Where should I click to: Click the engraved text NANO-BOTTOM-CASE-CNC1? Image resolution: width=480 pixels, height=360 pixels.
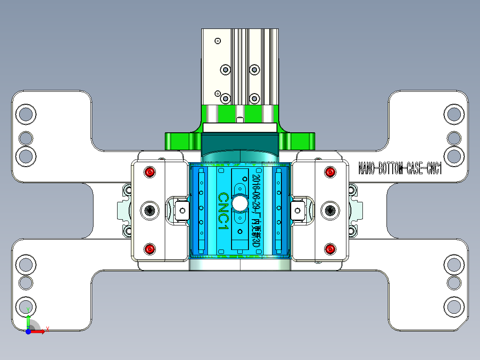click(400, 169)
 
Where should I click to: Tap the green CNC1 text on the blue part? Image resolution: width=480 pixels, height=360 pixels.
click(223, 211)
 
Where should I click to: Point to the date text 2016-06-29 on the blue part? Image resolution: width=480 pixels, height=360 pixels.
click(256, 192)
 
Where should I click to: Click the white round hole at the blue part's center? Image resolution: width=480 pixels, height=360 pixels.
click(240, 203)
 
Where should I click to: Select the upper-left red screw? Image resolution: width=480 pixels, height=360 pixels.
click(150, 172)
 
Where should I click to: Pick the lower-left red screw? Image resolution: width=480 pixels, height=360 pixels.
click(150, 249)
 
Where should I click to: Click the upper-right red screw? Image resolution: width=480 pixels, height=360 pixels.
click(330, 172)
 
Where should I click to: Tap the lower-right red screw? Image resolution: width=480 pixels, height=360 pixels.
click(330, 249)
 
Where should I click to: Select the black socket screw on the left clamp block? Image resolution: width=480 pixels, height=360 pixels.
click(150, 210)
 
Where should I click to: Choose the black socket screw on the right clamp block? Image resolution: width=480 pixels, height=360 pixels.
click(330, 210)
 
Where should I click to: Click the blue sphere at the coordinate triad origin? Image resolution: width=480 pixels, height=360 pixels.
click(28, 331)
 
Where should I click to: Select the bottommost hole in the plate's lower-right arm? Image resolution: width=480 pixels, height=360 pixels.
click(454, 307)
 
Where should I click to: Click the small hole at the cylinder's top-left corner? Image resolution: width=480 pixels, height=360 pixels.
click(218, 41)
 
